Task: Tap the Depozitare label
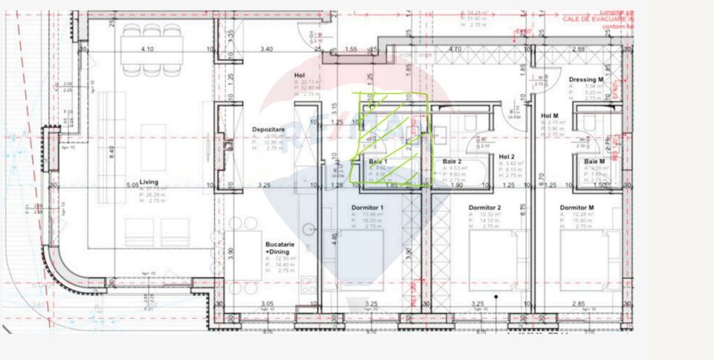[x=268, y=129]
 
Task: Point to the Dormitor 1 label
[x=367, y=208]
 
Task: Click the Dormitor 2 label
[x=484, y=208]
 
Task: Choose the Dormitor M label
[x=576, y=208]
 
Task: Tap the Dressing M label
[x=584, y=80]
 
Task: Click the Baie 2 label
[x=452, y=161]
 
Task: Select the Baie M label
[x=594, y=161]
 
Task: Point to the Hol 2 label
[x=507, y=157]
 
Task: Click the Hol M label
[x=550, y=115]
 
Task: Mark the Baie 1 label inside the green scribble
[x=379, y=161]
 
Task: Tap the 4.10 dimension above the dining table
[x=147, y=50]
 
